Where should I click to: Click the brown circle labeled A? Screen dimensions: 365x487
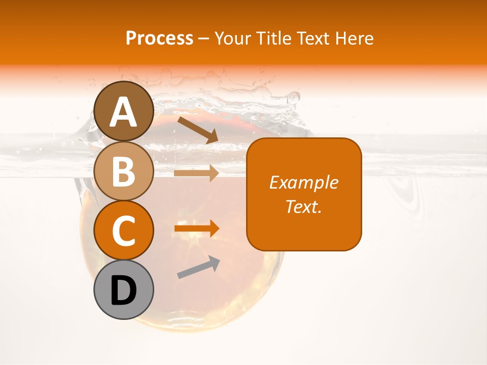[124, 111]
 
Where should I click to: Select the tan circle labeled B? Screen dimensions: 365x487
[124, 171]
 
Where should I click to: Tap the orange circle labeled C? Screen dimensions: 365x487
[124, 231]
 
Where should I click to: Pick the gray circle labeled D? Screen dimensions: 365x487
[124, 289]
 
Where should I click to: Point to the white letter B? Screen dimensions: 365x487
[124, 171]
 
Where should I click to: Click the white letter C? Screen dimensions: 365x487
[124, 231]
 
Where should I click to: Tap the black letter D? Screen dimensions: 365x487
[124, 290]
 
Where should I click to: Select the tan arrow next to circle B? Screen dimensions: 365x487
[196, 173]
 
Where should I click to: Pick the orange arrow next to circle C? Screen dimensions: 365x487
[196, 229]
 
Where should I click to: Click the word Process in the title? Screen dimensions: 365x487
[159, 39]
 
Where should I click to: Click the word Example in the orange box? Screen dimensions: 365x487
[304, 182]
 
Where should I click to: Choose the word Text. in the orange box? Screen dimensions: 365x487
[304, 206]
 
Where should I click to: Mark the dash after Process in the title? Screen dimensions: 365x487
[203, 39]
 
